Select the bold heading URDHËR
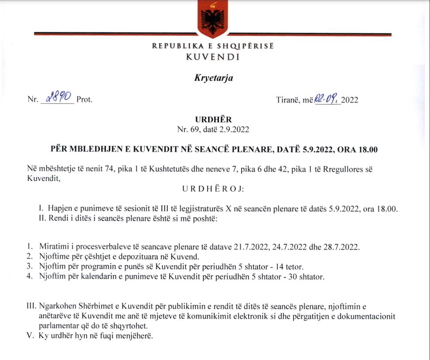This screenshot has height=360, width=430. click(214, 119)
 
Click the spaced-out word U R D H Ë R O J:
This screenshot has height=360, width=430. click(213, 189)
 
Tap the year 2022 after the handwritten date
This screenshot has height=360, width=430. click(350, 100)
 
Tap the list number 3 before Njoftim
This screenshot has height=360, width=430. click(29, 266)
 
